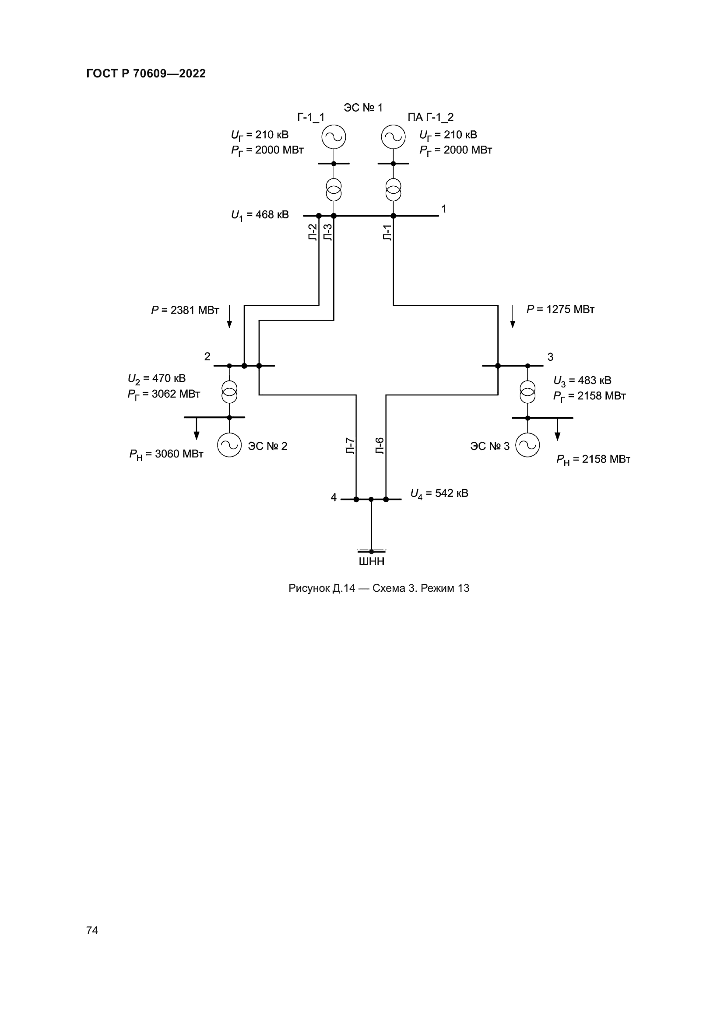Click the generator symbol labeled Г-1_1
(334, 136)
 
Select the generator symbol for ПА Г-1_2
(393, 136)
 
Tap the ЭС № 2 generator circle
(229, 445)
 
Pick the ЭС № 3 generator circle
(527, 445)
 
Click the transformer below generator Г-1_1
(334, 189)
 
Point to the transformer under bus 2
(229, 391)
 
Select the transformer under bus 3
(527, 391)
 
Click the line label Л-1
(387, 233)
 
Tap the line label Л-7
(351, 446)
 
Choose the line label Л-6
(380, 446)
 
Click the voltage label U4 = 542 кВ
(439, 494)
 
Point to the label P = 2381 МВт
(185, 310)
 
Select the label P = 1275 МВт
(560, 309)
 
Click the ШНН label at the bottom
(371, 562)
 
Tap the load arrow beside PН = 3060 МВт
(196, 429)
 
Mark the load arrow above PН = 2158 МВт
(557, 429)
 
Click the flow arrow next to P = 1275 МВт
(513, 316)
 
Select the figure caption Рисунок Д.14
(379, 588)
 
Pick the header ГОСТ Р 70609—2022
(146, 73)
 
